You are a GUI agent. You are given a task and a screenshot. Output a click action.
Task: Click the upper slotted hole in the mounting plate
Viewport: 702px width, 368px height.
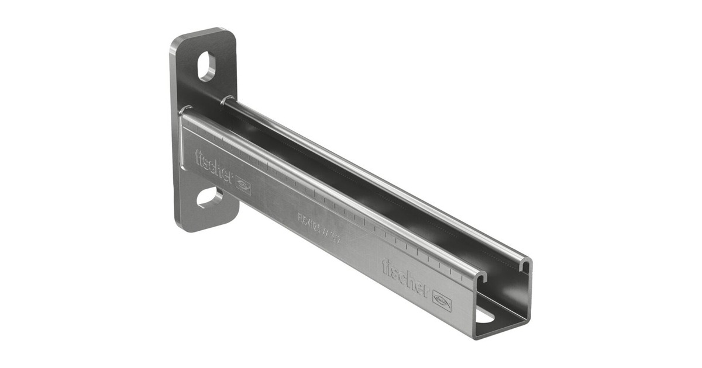click(x=207, y=66)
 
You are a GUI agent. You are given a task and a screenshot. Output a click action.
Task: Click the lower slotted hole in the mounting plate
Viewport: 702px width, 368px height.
click(x=209, y=197)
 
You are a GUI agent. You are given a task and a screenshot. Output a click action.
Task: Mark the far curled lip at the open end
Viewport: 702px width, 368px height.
click(x=525, y=265)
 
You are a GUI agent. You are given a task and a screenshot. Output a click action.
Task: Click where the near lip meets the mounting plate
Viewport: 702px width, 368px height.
click(x=185, y=110)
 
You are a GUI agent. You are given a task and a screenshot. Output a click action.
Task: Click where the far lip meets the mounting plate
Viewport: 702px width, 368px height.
click(x=228, y=99)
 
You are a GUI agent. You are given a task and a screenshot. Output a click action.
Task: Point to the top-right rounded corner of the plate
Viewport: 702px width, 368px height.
click(x=230, y=34)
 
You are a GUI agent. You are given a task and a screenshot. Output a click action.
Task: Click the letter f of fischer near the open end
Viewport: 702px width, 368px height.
click(x=386, y=267)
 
